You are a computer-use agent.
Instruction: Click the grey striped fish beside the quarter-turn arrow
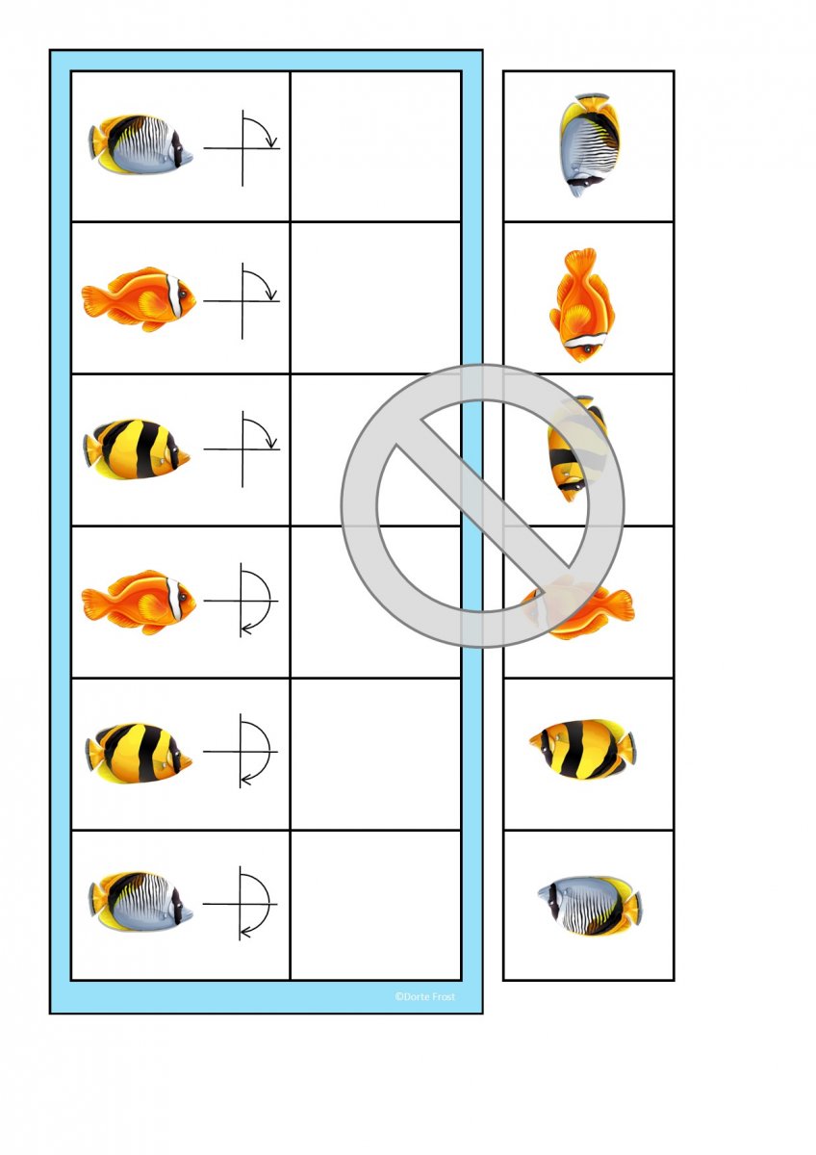[140, 145]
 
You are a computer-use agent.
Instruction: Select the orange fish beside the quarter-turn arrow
[139, 299]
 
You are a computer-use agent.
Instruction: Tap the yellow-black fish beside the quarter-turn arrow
[137, 449]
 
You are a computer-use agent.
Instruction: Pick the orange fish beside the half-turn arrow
[139, 603]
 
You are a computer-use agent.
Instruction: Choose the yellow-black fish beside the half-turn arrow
[139, 754]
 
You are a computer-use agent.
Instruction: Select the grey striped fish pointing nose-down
[589, 145]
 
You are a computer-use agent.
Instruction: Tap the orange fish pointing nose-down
[582, 305]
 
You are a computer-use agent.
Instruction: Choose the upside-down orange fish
[578, 607]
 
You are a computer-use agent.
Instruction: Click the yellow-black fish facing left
[582, 749]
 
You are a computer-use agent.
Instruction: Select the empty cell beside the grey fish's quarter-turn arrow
[375, 146]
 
